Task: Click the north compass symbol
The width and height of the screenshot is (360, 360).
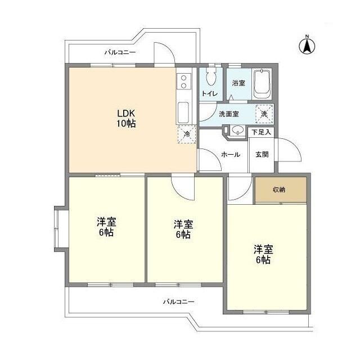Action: point(308,44)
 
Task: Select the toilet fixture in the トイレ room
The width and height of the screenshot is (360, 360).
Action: point(211,79)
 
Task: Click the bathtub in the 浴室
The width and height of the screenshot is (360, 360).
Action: point(262,84)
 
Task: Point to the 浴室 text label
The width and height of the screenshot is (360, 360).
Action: point(238,83)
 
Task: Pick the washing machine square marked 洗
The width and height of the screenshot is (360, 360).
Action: point(264,113)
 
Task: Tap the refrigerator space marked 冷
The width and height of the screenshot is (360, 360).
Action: point(186,134)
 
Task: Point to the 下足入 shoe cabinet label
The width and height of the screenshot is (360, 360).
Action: point(262,132)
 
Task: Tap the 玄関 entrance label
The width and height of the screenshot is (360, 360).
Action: point(262,154)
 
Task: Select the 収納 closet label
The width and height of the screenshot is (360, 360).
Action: point(280,190)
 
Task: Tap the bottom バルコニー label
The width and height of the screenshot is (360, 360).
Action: point(178,302)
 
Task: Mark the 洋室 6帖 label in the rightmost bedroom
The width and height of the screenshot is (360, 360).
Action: point(263,254)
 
